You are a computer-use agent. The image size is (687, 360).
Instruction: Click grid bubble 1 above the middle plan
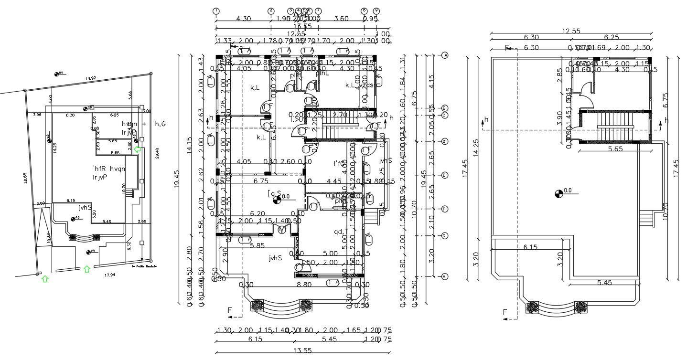coord(216,11)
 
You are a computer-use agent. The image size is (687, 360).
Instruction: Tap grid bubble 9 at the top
coord(376,11)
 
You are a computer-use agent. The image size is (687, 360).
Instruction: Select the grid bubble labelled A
coord(445,55)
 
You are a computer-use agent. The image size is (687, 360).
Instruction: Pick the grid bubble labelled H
coord(445,276)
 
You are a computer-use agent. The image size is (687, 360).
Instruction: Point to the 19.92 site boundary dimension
coord(90,78)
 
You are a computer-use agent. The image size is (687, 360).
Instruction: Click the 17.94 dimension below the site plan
coord(110,275)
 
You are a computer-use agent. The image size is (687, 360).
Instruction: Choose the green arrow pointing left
coord(138,150)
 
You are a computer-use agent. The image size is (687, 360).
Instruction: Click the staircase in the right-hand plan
coord(614,126)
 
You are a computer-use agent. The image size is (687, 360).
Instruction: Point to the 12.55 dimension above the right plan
coord(571,31)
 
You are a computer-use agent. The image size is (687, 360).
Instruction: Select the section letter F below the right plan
coord(505,312)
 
